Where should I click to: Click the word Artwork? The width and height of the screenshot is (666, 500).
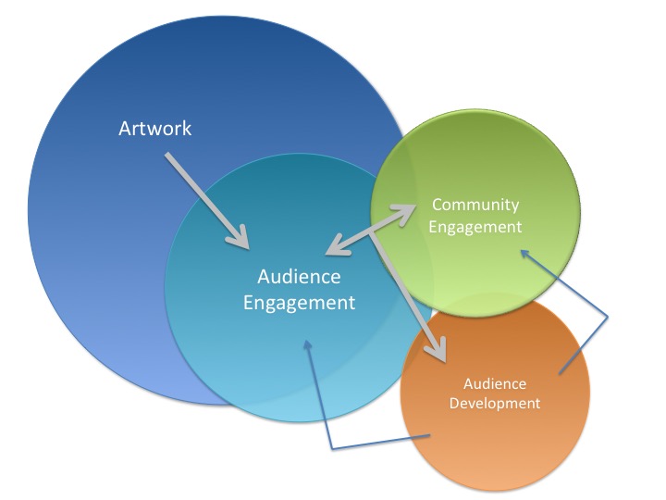[154, 128]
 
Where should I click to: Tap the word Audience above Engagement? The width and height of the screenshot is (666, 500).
[299, 276]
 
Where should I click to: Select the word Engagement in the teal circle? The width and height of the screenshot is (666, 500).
[299, 302]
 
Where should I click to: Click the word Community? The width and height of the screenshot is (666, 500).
[475, 205]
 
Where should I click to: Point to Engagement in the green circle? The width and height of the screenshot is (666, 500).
[475, 226]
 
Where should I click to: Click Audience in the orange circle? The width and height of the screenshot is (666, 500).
[494, 383]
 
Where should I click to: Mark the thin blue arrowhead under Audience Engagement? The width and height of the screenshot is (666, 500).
[307, 344]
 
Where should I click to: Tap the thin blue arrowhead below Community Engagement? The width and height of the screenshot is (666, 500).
[524, 253]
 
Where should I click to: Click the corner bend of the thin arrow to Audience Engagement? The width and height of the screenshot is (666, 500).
[331, 449]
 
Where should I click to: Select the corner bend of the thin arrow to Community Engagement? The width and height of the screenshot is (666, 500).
[608, 319]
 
